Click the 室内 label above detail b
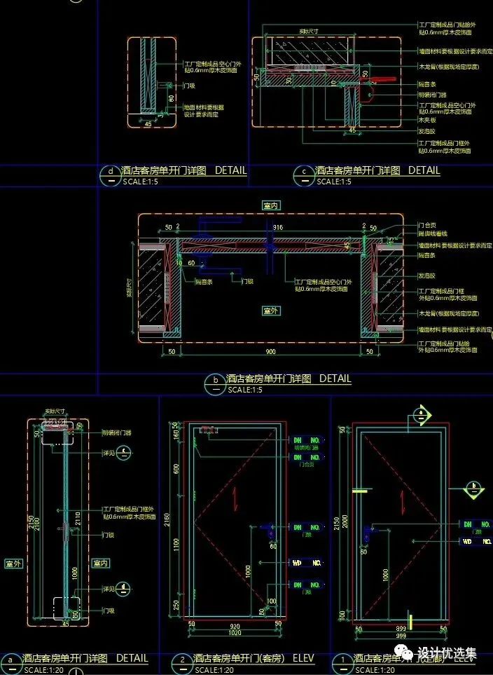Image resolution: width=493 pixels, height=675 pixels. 271,206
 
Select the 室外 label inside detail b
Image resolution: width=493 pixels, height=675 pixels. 271,310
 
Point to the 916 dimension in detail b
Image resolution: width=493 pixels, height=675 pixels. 278,227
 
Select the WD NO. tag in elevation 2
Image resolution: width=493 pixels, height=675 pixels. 307,562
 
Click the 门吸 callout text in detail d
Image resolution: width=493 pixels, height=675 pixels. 188,86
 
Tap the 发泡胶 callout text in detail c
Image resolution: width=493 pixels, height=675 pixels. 427,131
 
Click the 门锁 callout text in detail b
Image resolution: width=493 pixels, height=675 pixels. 246,281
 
